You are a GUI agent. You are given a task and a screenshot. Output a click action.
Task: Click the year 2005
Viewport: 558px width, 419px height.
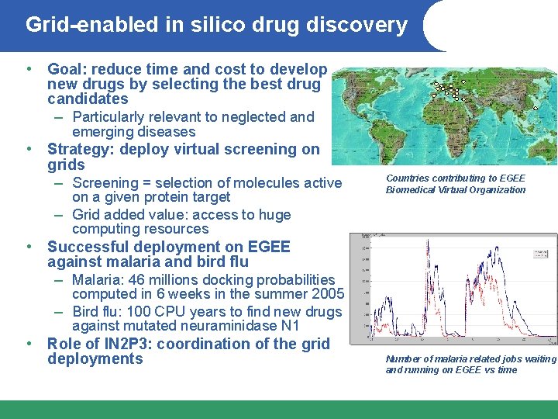325,295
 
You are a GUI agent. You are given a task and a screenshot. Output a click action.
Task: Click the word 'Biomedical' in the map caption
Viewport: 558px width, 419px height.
411,190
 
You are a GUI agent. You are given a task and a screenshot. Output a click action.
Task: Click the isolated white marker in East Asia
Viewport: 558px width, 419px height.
536,108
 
